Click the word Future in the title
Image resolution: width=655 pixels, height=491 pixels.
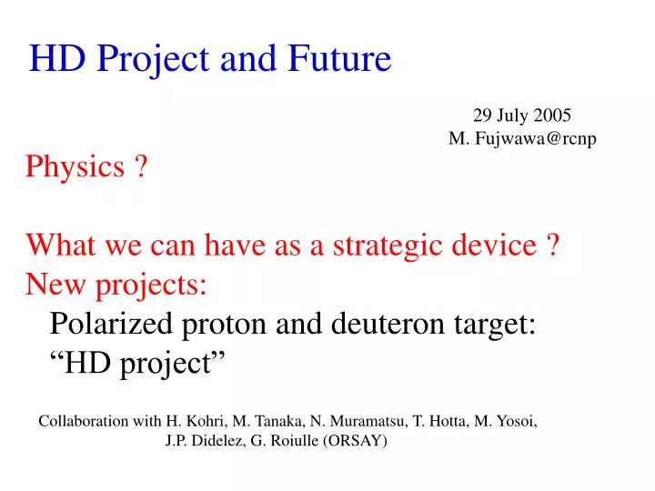point(339,59)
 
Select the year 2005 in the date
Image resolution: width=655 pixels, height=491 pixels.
point(550,115)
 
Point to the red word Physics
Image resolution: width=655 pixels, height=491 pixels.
point(76,167)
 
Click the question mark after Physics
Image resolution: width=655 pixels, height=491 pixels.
point(142,167)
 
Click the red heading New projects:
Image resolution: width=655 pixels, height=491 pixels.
point(117,285)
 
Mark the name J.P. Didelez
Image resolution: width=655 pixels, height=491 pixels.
point(201,442)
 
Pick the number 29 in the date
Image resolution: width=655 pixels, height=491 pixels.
point(482,115)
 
